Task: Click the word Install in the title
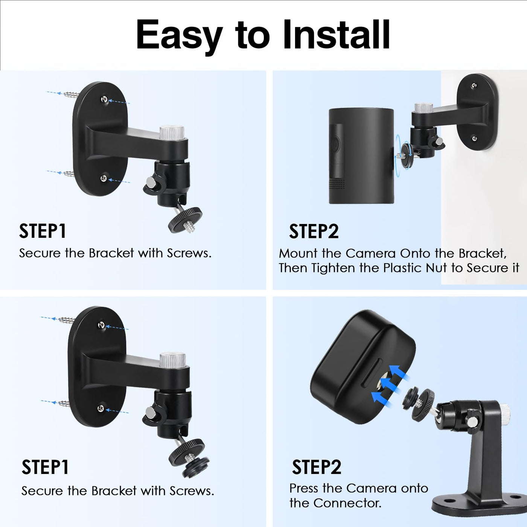point(336,35)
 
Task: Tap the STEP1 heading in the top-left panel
point(43,231)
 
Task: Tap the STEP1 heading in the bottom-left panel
point(45,467)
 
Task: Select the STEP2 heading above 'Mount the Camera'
point(314,231)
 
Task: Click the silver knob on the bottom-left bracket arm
point(172,360)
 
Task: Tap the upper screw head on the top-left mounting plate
point(104,99)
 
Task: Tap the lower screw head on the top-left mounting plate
point(104,178)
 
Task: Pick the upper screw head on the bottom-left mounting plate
point(102,325)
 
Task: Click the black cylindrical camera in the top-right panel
point(361,155)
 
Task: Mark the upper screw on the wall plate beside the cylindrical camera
point(474,85)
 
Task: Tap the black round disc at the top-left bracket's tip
point(185,221)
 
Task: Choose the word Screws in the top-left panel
point(189,253)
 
